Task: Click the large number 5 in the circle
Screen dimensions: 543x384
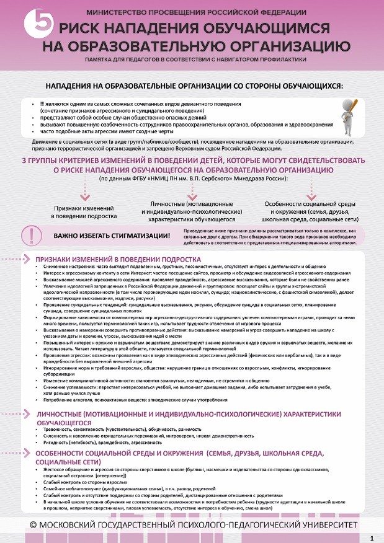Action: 33,24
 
